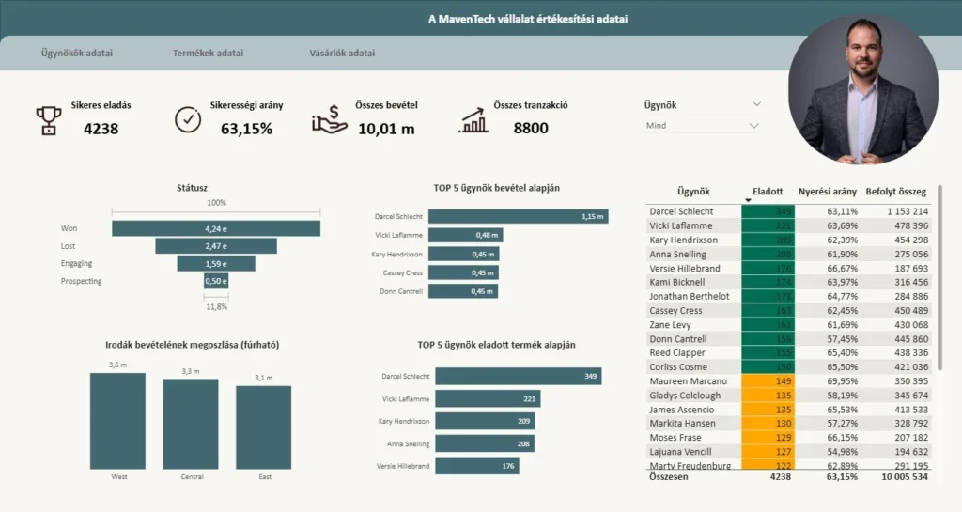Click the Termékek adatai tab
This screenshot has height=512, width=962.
pyautogui.click(x=208, y=53)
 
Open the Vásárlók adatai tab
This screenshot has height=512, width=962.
pyautogui.click(x=342, y=53)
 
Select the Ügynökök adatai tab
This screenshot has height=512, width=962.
pyautogui.click(x=77, y=53)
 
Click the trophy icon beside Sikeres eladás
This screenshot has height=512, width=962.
pyautogui.click(x=49, y=120)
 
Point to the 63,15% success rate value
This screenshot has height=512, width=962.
pyautogui.click(x=246, y=128)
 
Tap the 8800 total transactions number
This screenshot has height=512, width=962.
pyautogui.click(x=531, y=128)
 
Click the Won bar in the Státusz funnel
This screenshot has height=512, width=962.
pyautogui.click(x=215, y=228)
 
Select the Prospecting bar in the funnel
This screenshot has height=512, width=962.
pyautogui.click(x=215, y=281)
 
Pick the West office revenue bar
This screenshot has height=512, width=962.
pyautogui.click(x=118, y=421)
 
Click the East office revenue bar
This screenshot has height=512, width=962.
pyautogui.click(x=264, y=427)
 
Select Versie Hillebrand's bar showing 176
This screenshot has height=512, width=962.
pyautogui.click(x=476, y=466)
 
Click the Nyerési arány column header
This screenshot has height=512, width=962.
pyautogui.click(x=827, y=191)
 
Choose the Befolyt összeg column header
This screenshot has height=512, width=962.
pyautogui.click(x=895, y=191)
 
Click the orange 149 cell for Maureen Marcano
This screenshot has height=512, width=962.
pyautogui.click(x=768, y=381)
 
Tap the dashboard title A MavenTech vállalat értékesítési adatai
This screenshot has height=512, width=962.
pyautogui.click(x=528, y=19)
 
